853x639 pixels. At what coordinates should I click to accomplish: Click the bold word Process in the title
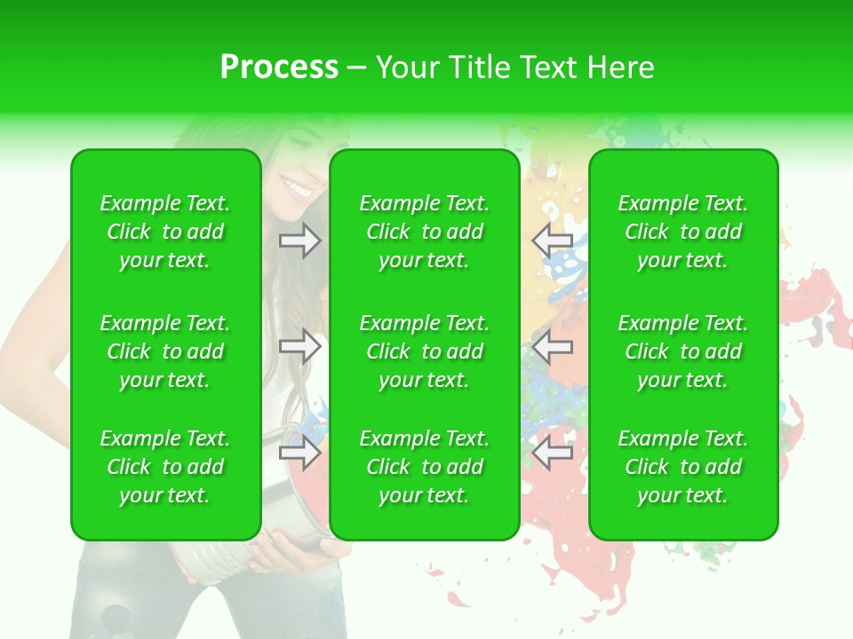tap(279, 67)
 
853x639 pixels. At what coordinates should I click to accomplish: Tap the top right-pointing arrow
tap(299, 241)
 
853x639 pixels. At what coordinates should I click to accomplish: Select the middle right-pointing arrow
tap(299, 346)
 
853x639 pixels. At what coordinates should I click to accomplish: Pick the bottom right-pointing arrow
tap(299, 453)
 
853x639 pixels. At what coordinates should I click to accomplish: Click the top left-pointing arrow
tap(553, 241)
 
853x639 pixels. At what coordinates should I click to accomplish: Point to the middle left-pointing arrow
tap(553, 346)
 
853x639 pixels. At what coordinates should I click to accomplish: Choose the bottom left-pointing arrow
tap(553, 453)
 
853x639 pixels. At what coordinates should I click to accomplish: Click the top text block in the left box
tap(165, 232)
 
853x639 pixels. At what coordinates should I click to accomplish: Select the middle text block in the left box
tap(165, 351)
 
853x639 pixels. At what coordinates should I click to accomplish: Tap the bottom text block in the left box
tap(165, 467)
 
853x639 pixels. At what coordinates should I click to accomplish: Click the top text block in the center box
tap(425, 232)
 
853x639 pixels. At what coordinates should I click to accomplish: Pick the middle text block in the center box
tap(425, 351)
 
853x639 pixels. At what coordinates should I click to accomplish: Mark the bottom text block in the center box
tap(425, 467)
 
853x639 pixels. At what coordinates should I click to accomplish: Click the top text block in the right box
tap(683, 232)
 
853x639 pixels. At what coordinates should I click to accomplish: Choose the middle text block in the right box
tap(683, 351)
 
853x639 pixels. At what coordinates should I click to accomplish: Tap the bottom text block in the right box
tap(683, 467)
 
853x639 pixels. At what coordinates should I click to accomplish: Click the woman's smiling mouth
tap(296, 187)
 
